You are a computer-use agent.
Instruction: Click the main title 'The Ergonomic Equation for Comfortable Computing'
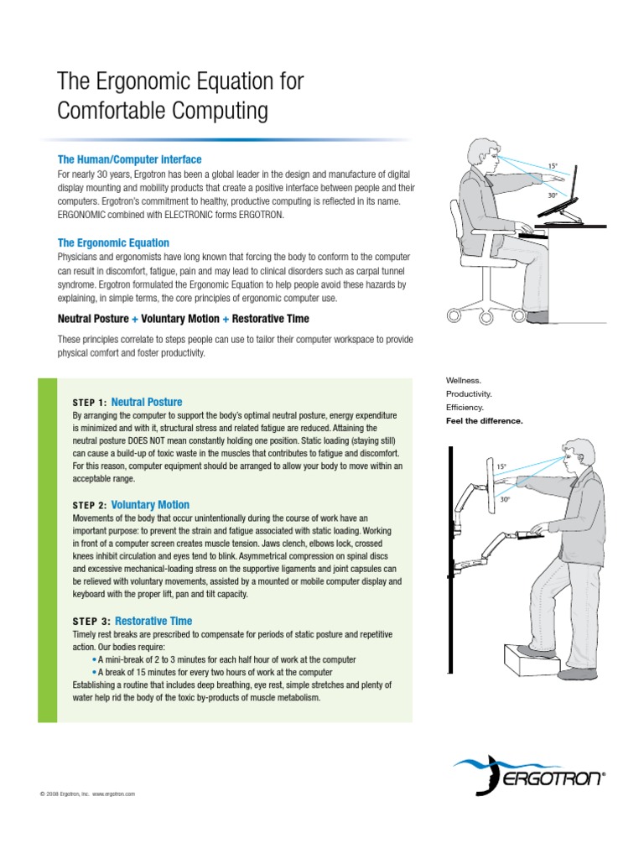pos(179,96)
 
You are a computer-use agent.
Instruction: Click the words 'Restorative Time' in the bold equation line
pos(271,319)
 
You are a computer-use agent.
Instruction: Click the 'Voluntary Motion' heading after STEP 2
pos(150,505)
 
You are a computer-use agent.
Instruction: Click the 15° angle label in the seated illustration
pos(552,166)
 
